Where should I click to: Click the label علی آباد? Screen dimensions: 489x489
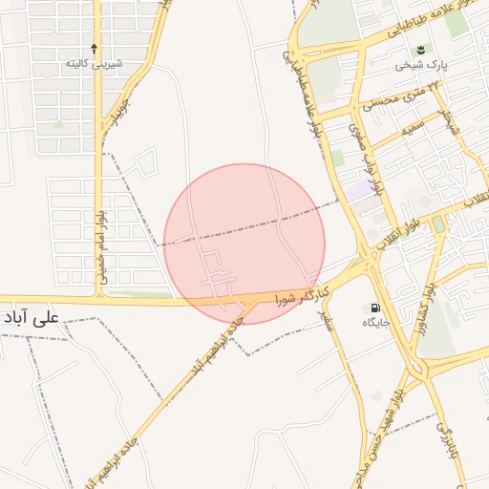point(32,316)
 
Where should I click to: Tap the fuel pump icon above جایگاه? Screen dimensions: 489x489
point(373,308)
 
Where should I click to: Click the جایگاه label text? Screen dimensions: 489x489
point(373,324)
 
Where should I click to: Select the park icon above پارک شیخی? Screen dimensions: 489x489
point(417,50)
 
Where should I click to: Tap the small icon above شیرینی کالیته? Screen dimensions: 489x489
point(94,48)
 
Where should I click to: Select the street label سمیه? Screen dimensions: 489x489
point(412,125)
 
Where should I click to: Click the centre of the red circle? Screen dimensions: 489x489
point(244,244)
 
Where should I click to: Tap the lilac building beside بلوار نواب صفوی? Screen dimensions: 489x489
point(357,191)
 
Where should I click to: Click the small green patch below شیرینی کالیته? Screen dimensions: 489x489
point(58,124)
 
